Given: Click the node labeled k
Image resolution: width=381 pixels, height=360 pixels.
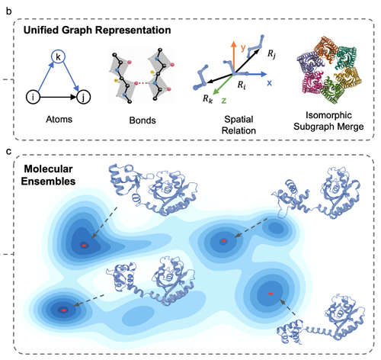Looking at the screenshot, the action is (59, 56).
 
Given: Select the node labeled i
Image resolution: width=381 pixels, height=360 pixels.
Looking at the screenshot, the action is (33, 97).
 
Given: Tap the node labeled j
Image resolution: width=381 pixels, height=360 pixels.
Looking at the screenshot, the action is (83, 97).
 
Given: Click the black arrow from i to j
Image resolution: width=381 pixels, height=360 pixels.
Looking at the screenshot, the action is (58, 97).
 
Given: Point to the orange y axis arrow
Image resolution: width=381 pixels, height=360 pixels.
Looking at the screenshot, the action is (233, 57).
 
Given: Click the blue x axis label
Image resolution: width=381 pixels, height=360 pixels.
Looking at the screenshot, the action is (269, 83).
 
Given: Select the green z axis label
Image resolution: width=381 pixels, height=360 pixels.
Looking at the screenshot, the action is (224, 101).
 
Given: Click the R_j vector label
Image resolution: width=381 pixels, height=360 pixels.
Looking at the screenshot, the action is (271, 54).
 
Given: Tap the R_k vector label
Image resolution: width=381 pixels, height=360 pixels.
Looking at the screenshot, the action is (207, 98).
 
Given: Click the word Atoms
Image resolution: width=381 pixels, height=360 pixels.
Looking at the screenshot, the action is (59, 119).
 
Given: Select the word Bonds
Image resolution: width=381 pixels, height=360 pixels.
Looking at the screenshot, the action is (142, 121).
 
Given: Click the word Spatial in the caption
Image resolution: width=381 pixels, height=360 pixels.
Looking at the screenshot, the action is (239, 119).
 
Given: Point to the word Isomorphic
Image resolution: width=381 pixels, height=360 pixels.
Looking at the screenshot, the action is (328, 115).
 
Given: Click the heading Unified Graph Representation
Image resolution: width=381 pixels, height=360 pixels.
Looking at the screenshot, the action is (97, 30).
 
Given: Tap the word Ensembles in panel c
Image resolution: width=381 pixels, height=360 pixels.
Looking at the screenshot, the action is (48, 181).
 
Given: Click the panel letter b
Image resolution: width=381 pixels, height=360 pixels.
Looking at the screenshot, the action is (8, 11).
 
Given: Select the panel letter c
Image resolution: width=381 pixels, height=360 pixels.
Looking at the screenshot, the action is (8, 152).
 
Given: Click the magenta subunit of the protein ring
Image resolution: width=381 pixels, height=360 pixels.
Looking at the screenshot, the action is (312, 82).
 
